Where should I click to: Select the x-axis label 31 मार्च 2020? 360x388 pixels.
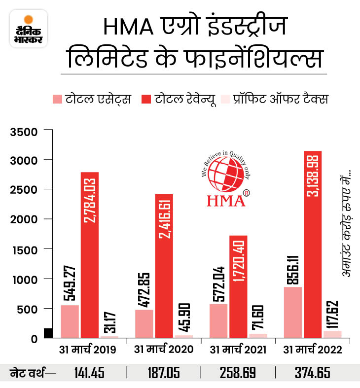coord(163,350)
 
